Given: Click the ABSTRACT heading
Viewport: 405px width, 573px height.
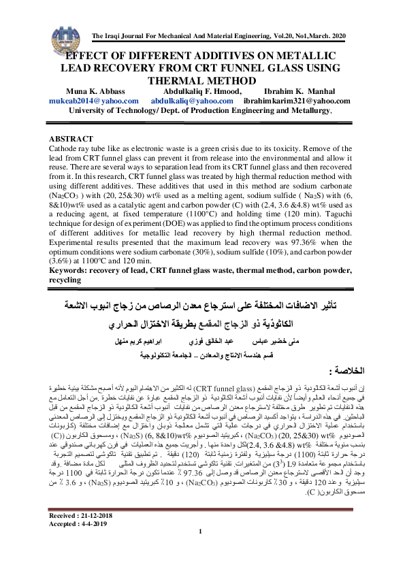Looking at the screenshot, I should tap(74, 137).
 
